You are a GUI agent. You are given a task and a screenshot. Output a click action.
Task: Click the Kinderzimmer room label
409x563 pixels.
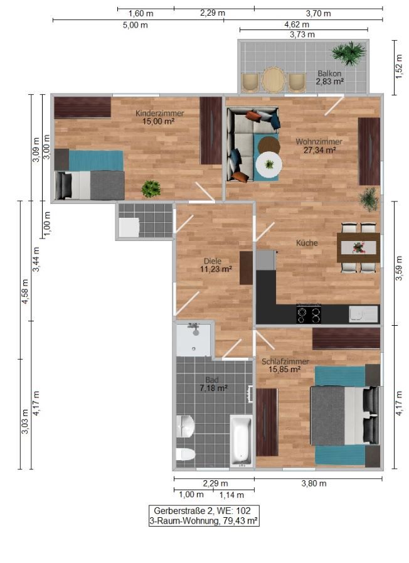point(160,113)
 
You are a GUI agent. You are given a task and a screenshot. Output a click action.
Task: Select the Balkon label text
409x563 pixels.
point(329,73)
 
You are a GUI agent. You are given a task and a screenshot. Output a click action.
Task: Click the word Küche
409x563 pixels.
point(307,243)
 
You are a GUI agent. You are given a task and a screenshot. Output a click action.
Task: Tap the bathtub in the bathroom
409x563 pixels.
point(240,440)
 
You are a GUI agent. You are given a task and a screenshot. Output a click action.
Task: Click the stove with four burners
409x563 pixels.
point(308,313)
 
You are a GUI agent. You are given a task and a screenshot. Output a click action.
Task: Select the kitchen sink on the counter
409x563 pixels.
point(363,313)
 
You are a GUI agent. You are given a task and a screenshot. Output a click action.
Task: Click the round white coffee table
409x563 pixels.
point(269,165)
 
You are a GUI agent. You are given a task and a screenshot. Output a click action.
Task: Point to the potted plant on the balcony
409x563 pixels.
point(349,53)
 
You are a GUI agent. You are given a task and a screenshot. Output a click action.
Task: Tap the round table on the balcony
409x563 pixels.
point(274,80)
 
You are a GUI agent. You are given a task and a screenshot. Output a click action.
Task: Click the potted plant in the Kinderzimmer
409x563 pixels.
point(150,188)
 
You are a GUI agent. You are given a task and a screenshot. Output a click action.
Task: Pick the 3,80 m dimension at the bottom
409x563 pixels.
point(314,483)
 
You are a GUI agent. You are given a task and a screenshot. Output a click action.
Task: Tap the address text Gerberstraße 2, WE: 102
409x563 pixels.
point(204,511)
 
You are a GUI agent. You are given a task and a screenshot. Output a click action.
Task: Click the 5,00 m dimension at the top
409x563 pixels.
point(138,25)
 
